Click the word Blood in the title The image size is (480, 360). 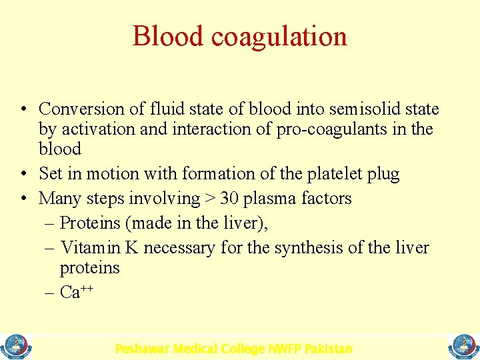(x=164, y=36)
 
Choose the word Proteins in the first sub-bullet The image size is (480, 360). (x=89, y=223)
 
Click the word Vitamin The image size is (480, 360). (x=90, y=248)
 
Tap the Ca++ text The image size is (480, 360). (x=76, y=291)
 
